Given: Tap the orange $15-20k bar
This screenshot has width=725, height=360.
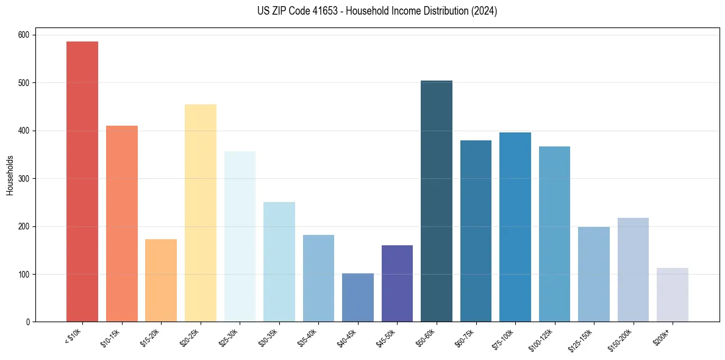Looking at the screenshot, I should pyautogui.click(x=161, y=281).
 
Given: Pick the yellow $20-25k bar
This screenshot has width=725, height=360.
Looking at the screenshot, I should pyautogui.click(x=200, y=213).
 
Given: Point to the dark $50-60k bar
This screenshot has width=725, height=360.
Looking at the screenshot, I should pyautogui.click(x=437, y=201).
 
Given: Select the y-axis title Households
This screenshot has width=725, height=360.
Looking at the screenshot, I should pyautogui.click(x=10, y=175).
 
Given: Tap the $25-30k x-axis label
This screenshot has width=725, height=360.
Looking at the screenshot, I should pyautogui.click(x=229, y=338).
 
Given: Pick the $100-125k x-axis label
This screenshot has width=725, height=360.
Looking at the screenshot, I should pyautogui.click(x=542, y=339).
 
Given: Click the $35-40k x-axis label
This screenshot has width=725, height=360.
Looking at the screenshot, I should pyautogui.click(x=307, y=338).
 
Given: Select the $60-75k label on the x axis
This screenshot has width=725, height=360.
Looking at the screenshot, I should pyautogui.click(x=465, y=338).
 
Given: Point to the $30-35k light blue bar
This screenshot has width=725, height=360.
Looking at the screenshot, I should pyautogui.click(x=279, y=262).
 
